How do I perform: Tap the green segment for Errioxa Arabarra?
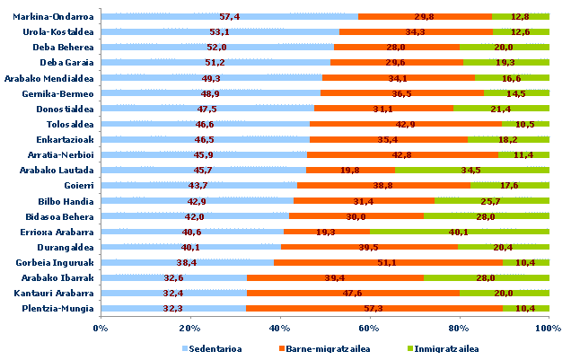point(459,231)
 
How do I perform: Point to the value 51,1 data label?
point(389,262)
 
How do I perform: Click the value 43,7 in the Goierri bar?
point(198,185)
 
